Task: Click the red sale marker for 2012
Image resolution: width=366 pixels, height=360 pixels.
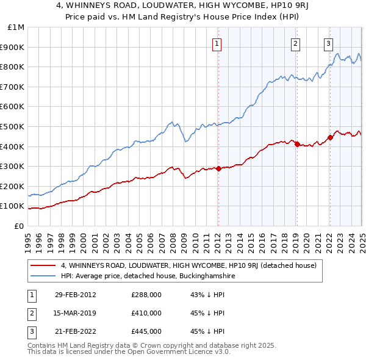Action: click(218, 168)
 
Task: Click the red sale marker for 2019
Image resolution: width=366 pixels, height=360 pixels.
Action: click(296, 145)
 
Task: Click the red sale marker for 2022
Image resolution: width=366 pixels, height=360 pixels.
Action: click(329, 137)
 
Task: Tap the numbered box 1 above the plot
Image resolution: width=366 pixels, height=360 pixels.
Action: click(217, 43)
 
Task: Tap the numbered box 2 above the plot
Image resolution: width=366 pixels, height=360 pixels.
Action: click(295, 43)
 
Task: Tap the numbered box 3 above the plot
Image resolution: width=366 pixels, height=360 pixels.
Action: click(328, 43)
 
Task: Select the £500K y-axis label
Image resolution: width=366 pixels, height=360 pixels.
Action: click(13, 126)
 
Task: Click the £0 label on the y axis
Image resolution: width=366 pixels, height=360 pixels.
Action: click(18, 226)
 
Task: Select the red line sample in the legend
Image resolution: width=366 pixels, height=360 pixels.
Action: click(44, 266)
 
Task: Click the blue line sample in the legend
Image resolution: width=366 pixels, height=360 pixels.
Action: click(44, 276)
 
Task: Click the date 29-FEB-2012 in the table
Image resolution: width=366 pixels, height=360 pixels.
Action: click(76, 295)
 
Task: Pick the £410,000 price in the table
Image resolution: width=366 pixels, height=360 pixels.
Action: click(146, 313)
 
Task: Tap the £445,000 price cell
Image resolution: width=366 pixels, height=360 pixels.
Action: click(146, 331)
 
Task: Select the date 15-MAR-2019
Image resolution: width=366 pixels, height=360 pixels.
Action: click(76, 313)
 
